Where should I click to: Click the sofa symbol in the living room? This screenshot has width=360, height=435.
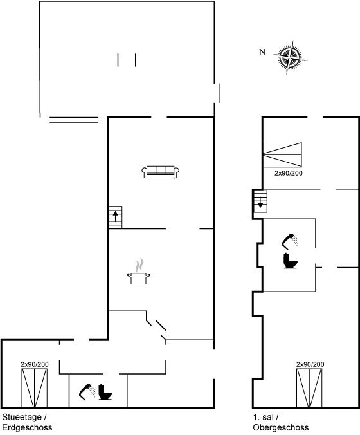(x=161, y=172)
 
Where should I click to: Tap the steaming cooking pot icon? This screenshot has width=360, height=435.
(x=139, y=272)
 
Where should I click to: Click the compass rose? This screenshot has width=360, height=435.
(x=290, y=57)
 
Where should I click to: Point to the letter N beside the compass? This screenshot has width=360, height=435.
(x=262, y=52)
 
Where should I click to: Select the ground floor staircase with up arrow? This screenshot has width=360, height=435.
(x=115, y=217)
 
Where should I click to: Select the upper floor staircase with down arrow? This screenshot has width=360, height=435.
(x=260, y=201)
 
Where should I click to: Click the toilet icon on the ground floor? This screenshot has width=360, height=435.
(x=105, y=392)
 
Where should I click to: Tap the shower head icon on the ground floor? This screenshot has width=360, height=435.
(x=87, y=392)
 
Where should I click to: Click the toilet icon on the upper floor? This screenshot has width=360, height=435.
(x=290, y=261)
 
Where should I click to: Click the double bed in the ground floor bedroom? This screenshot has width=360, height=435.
(x=35, y=388)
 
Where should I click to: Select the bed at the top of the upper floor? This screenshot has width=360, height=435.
(x=282, y=154)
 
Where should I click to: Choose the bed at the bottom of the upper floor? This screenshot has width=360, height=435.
(x=309, y=388)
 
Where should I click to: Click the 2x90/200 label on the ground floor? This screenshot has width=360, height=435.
(x=35, y=364)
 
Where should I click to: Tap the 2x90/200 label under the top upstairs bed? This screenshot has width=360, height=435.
(x=289, y=173)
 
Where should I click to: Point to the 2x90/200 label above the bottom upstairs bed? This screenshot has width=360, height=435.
(x=310, y=364)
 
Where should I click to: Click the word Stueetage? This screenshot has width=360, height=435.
(x=22, y=417)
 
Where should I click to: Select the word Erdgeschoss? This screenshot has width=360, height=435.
(x=27, y=427)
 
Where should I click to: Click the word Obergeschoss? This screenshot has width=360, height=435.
(x=281, y=427)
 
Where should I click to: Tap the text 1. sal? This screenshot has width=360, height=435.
(x=264, y=417)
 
